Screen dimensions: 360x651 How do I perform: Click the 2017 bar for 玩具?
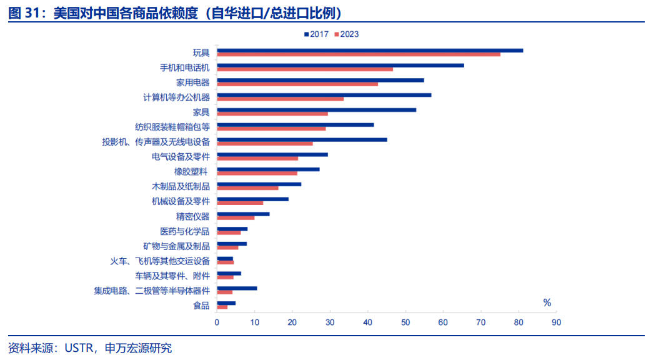pyautogui.click(x=370, y=51)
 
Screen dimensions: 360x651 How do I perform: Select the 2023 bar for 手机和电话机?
pyautogui.click(x=305, y=69)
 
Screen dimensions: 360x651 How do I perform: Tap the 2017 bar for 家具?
pyautogui.click(x=316, y=110)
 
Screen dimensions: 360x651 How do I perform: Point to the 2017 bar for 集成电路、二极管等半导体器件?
pyautogui.click(x=237, y=288)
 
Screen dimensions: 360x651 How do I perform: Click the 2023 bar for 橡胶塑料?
pyautogui.click(x=257, y=173)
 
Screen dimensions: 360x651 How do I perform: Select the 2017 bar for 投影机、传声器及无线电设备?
pyautogui.click(x=302, y=139)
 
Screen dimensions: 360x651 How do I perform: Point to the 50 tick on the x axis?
pyautogui.click(x=405, y=322)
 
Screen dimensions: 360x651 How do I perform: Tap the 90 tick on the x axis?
pyautogui.click(x=556, y=322)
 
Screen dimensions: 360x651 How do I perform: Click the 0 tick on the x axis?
pyautogui.click(x=217, y=322)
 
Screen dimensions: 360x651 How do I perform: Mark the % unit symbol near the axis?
pyautogui.click(x=547, y=303)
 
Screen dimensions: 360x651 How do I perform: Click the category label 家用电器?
pyautogui.click(x=193, y=82)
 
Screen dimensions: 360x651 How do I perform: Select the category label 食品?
pyautogui.click(x=201, y=306)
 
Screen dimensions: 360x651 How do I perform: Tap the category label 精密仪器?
pyautogui.click(x=193, y=216)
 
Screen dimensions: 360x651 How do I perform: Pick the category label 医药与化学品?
pyautogui.click(x=185, y=231)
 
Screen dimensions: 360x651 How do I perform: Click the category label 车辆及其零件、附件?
pyautogui.click(x=172, y=276)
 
